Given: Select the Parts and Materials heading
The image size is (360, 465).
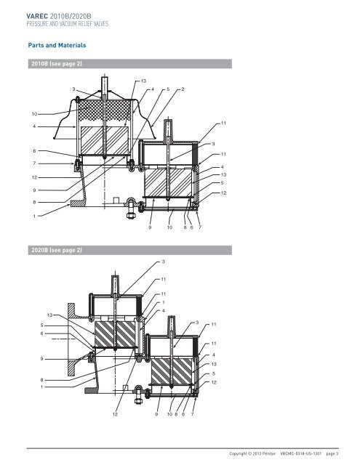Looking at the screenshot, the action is point(57,45).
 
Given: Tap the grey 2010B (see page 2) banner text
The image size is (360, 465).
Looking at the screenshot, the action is point(57,64).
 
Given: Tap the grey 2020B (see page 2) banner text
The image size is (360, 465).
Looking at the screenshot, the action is point(57,250).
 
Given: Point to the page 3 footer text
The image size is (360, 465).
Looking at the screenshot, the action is point(332,453).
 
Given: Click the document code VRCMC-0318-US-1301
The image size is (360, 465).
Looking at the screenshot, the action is point(300,453).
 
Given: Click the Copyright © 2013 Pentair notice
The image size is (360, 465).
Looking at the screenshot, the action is point(252,453).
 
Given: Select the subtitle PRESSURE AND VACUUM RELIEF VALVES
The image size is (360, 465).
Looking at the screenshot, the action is point(68,24).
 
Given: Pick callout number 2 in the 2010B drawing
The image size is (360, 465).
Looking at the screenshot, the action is point(183,89).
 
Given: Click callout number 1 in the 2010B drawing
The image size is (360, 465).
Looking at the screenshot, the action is point(34,217).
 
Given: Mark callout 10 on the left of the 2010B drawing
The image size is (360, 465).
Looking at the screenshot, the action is point(34,114).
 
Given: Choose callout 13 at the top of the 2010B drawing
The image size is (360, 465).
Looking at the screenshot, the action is point(143,81).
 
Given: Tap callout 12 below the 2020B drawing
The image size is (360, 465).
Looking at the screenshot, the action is point(115,414).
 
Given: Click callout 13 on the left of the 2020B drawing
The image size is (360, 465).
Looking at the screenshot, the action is point(49,315).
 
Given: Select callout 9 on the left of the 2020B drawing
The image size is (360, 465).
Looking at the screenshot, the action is point(42,359).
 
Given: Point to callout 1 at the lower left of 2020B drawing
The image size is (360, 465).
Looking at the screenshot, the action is point(42,387).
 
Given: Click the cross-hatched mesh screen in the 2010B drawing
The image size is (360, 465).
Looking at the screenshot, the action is point(104,110).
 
